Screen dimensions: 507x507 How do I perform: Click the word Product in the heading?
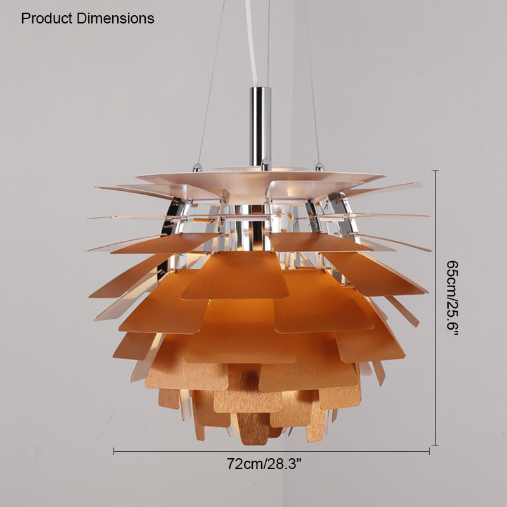[46, 18]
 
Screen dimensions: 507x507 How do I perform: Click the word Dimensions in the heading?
[115, 18]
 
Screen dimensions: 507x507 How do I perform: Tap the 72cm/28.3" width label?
[264, 464]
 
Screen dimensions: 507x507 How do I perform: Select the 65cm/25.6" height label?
[452, 298]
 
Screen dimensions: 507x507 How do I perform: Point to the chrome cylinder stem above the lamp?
[260, 126]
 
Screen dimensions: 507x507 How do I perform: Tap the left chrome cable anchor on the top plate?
[197, 167]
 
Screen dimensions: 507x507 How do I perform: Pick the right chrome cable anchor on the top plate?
[319, 167]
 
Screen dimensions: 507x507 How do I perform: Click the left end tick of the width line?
[114, 451]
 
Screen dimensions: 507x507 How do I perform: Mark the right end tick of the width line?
[429, 451]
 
